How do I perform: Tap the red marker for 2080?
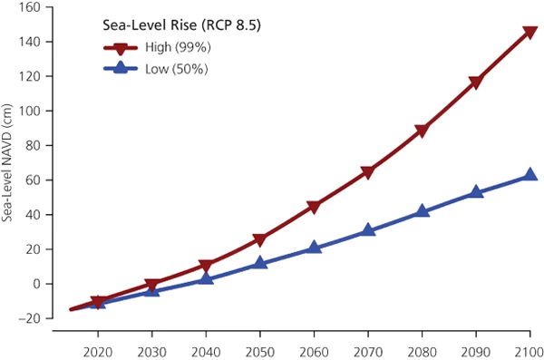click(x=422, y=131)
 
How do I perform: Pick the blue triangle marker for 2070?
click(x=368, y=230)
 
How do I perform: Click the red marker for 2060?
click(x=314, y=207)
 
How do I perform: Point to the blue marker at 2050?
click(x=260, y=263)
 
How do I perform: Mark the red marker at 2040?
click(x=206, y=267)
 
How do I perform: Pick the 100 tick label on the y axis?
click(x=33, y=111)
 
